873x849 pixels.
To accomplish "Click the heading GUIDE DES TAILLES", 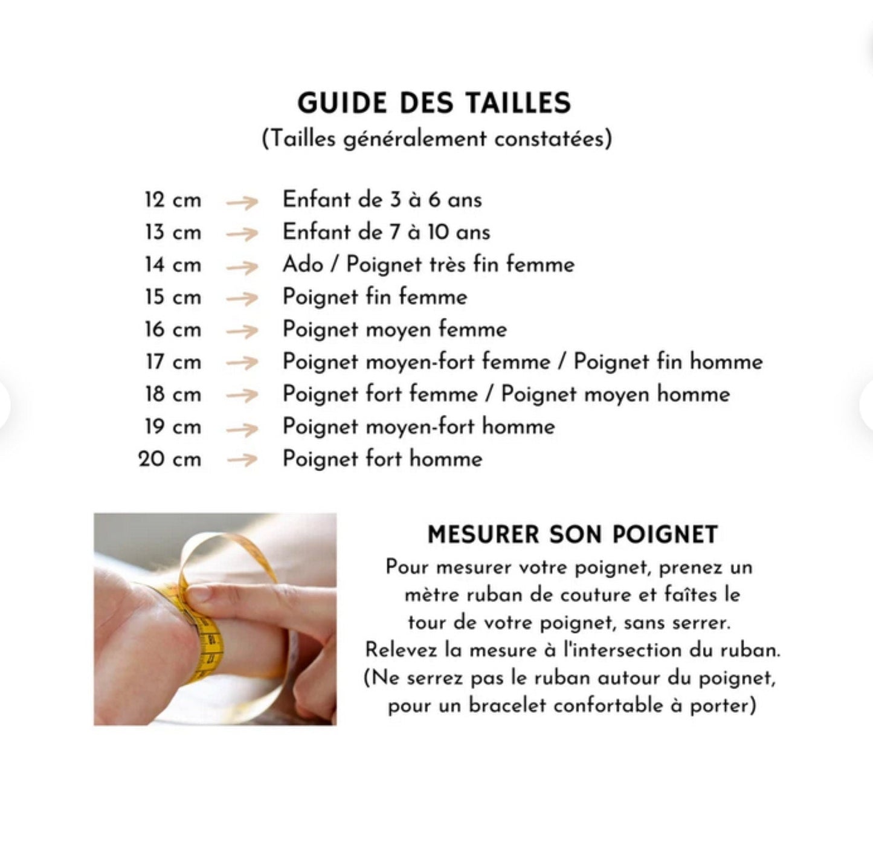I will pos(434,103).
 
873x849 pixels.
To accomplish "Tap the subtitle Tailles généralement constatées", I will pos(437,139).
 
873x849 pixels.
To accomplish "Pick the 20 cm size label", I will pos(170,459).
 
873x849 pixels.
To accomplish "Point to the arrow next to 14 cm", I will pos(242,266).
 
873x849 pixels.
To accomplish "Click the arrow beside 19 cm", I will pos(242,429).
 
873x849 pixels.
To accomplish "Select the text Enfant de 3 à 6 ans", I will pos(382,200).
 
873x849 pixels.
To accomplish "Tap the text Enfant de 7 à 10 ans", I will pos(386,233).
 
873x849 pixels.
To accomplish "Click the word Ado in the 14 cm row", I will pos(302,265).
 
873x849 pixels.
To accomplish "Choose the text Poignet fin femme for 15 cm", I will pos(375,297).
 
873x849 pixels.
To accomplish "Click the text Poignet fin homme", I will pos(668,362).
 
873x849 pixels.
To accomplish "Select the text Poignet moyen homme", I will pos(615,395).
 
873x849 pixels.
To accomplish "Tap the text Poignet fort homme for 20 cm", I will pos(382,459).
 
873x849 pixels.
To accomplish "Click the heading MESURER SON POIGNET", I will pos(572,535).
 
